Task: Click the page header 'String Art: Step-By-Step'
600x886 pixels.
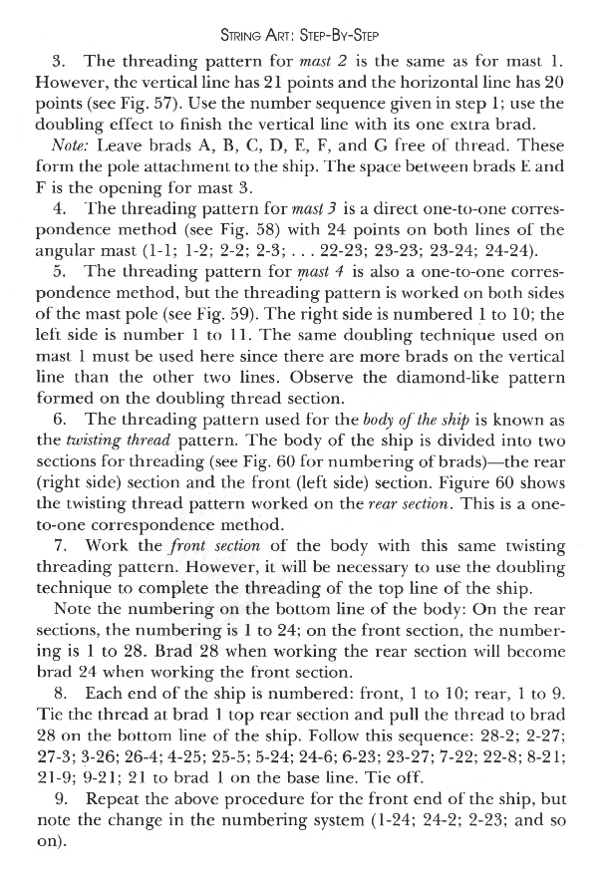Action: click(299, 14)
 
